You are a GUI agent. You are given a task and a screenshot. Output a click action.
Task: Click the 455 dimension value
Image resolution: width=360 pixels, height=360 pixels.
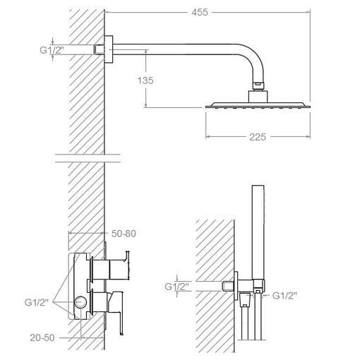[200, 12]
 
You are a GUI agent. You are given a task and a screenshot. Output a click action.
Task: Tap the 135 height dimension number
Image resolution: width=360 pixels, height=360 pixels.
[145, 80]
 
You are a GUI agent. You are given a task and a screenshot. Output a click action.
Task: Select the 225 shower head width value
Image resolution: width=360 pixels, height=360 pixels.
[258, 137]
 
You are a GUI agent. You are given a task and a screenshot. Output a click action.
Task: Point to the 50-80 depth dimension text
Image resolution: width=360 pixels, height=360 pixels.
[124, 234]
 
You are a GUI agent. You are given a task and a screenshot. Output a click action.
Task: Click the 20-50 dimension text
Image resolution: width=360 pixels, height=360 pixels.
[42, 338]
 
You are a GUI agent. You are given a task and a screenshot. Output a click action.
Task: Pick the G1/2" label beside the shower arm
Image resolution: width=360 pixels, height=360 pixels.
[52, 50]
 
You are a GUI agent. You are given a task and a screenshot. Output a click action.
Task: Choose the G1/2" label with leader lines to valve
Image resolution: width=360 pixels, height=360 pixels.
[37, 302]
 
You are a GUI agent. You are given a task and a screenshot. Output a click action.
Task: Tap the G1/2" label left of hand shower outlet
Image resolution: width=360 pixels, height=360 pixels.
[177, 287]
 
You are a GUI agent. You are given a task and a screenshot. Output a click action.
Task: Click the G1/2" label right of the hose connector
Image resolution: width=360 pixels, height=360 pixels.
[284, 296]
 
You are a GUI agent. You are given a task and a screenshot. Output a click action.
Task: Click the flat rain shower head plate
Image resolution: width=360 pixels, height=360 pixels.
[258, 105]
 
